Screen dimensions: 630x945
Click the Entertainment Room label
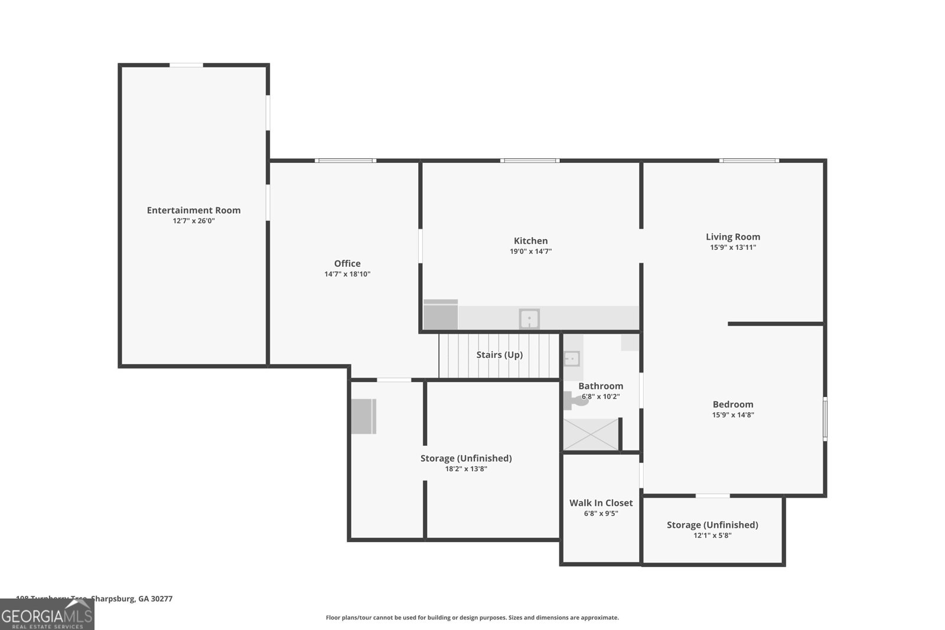[x=194, y=210]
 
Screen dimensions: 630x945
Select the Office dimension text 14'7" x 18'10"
[x=347, y=274]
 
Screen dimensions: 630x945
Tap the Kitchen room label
[x=530, y=241]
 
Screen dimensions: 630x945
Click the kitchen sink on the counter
[x=529, y=319]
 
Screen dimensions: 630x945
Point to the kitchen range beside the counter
[x=441, y=315]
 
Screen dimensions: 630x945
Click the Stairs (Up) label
[x=499, y=355]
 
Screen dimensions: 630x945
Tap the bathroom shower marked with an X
[x=590, y=435]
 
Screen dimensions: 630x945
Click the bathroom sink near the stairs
[x=571, y=358]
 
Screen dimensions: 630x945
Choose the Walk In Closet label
[x=601, y=503]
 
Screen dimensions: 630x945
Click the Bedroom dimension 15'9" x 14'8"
[x=733, y=414]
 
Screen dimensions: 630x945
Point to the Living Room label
[x=733, y=237]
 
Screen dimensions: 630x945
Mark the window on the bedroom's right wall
[x=825, y=419]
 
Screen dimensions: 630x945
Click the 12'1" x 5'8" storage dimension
[x=712, y=536]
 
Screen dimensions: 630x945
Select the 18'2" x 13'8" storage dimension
[x=466, y=469]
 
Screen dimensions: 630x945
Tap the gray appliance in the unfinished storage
[x=364, y=416]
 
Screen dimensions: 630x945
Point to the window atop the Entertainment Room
[x=187, y=65]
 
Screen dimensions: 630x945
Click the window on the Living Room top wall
[x=749, y=161]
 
